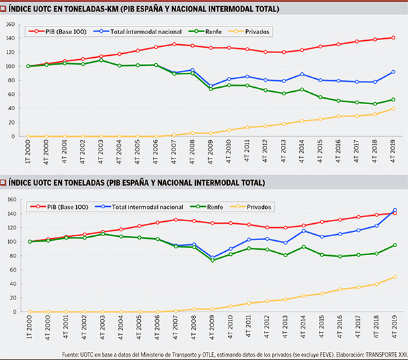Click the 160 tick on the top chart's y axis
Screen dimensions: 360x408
[x=10, y=24]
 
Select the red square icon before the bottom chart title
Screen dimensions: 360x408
[x=4, y=183]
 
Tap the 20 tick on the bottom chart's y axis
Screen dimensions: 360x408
[x=11, y=298]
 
